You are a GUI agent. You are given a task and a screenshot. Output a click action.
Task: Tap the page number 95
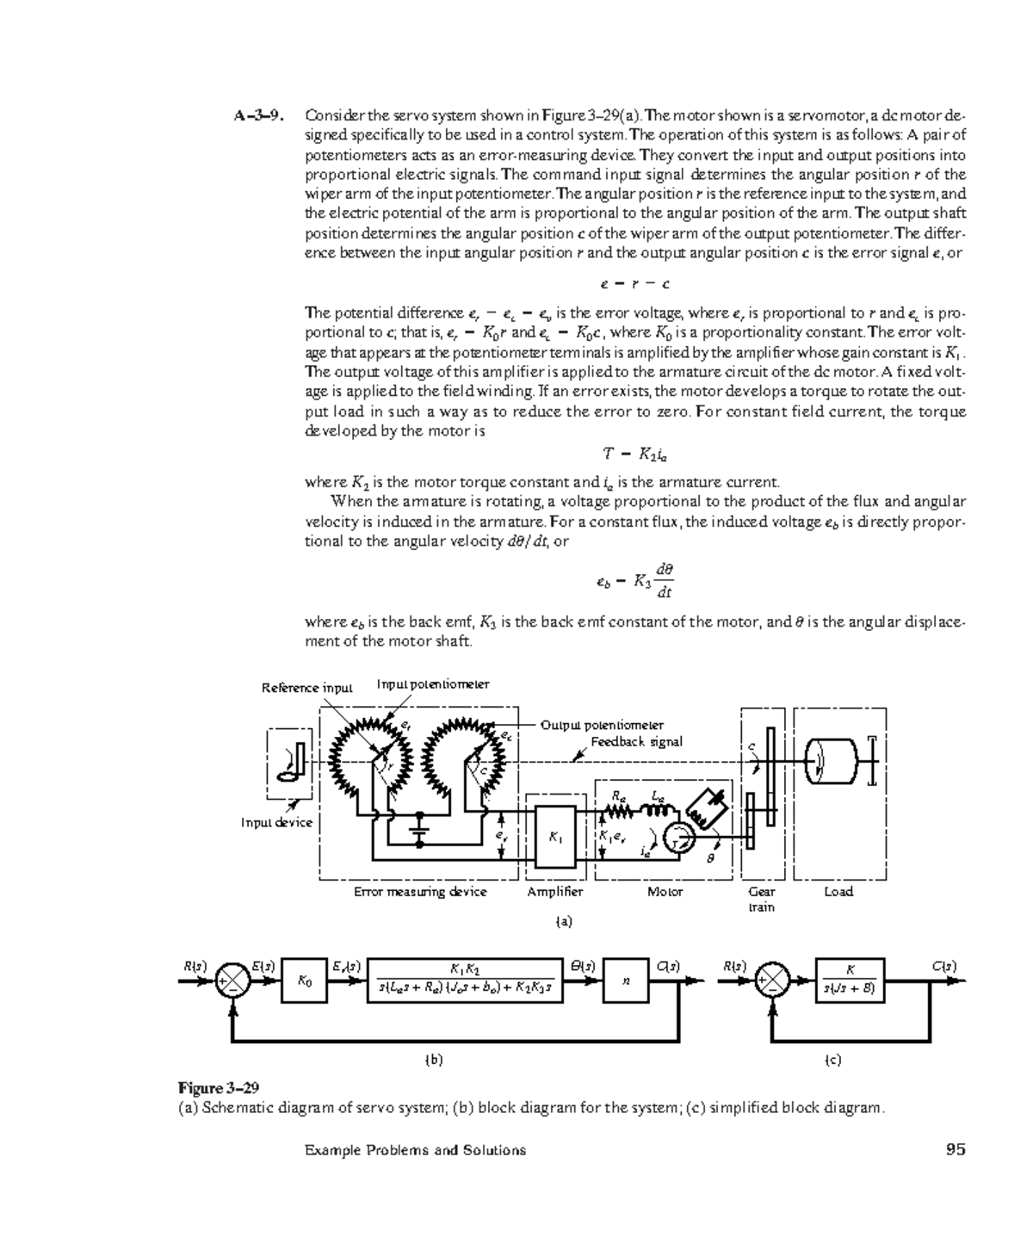click(955, 1149)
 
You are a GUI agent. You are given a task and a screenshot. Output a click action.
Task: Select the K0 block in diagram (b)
click(305, 980)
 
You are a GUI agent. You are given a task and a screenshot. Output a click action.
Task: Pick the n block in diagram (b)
click(626, 980)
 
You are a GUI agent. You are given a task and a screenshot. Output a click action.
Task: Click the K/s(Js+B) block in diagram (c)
click(850, 980)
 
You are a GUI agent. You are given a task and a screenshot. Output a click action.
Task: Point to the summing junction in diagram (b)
click(231, 980)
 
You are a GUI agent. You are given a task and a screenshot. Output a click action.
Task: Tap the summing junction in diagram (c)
click(771, 980)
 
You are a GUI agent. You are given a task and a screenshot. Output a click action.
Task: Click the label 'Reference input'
click(307, 688)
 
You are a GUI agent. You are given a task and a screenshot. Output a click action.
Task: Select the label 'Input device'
click(276, 822)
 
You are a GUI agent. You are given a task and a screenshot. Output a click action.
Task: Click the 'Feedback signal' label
click(636, 741)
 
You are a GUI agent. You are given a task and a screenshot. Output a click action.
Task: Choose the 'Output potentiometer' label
click(602, 725)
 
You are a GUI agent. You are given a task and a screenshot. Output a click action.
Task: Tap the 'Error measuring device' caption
click(420, 892)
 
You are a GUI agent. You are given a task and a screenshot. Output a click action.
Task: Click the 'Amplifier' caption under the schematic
click(555, 892)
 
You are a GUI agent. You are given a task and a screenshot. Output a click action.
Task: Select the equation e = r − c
click(635, 283)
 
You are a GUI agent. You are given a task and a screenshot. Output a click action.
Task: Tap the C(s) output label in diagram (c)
click(944, 966)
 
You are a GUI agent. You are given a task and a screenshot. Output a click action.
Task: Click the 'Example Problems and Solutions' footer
click(415, 1150)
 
